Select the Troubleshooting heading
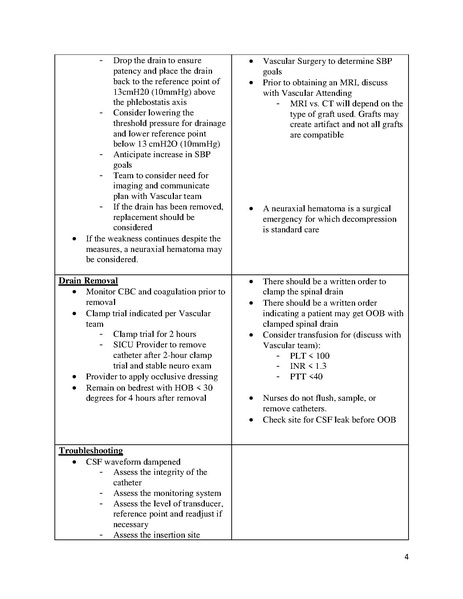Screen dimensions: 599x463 point(98,451)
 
